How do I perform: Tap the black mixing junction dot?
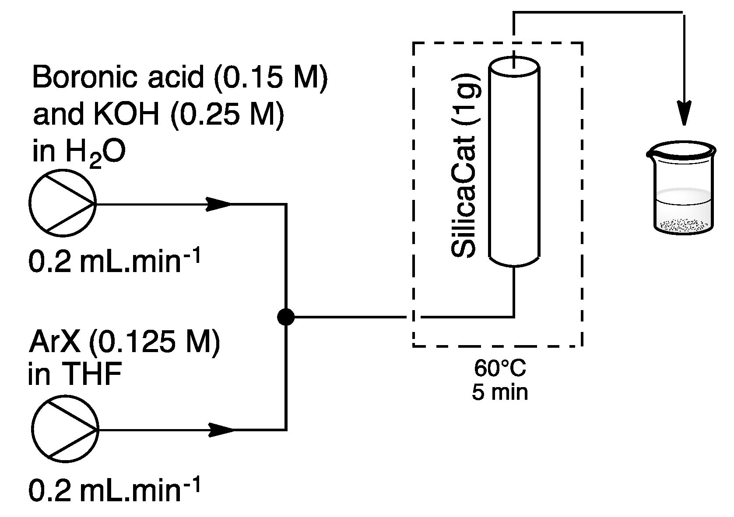coord(286,316)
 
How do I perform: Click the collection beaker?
coord(681,188)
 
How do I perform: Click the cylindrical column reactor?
coord(514,164)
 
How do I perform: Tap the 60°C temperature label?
coord(500,368)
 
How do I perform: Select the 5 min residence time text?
coord(500,392)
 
